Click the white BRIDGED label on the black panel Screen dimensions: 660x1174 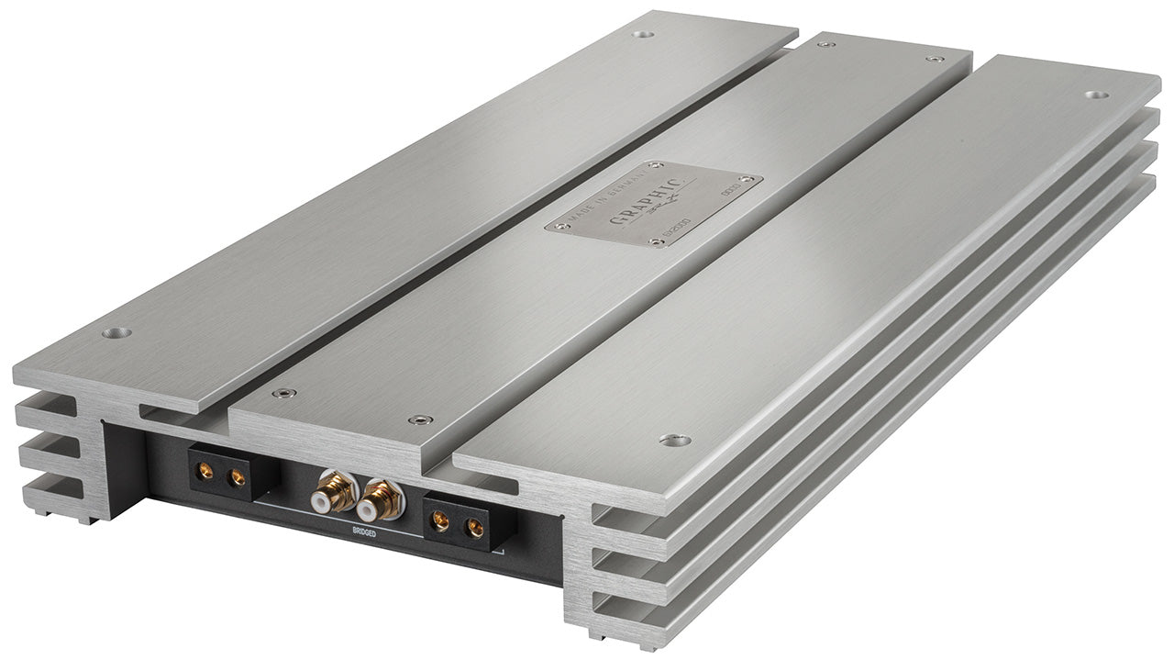[x=366, y=531]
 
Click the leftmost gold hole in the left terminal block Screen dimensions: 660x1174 [x=205, y=472]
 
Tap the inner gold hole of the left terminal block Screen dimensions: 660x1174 [x=237, y=476]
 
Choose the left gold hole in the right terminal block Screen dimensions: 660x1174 [x=441, y=522]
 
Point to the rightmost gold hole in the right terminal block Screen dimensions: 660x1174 [x=474, y=528]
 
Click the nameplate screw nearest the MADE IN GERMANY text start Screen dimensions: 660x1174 [x=555, y=225]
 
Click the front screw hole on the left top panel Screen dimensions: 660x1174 [x=116, y=332]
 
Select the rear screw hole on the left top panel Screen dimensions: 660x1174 [x=643, y=34]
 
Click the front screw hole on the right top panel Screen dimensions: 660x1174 [x=674, y=440]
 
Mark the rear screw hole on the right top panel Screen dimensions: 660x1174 [x=1096, y=95]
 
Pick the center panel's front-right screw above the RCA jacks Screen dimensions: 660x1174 [x=421, y=419]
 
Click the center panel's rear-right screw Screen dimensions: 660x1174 [x=935, y=59]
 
